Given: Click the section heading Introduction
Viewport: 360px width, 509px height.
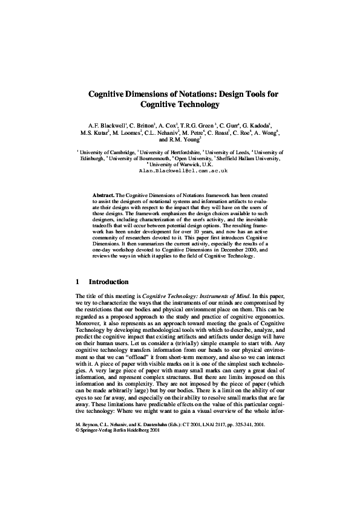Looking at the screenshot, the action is pyautogui.click(x=108, y=282).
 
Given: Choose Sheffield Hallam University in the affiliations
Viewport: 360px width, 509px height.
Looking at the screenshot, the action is pyautogui.click(x=250, y=159).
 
